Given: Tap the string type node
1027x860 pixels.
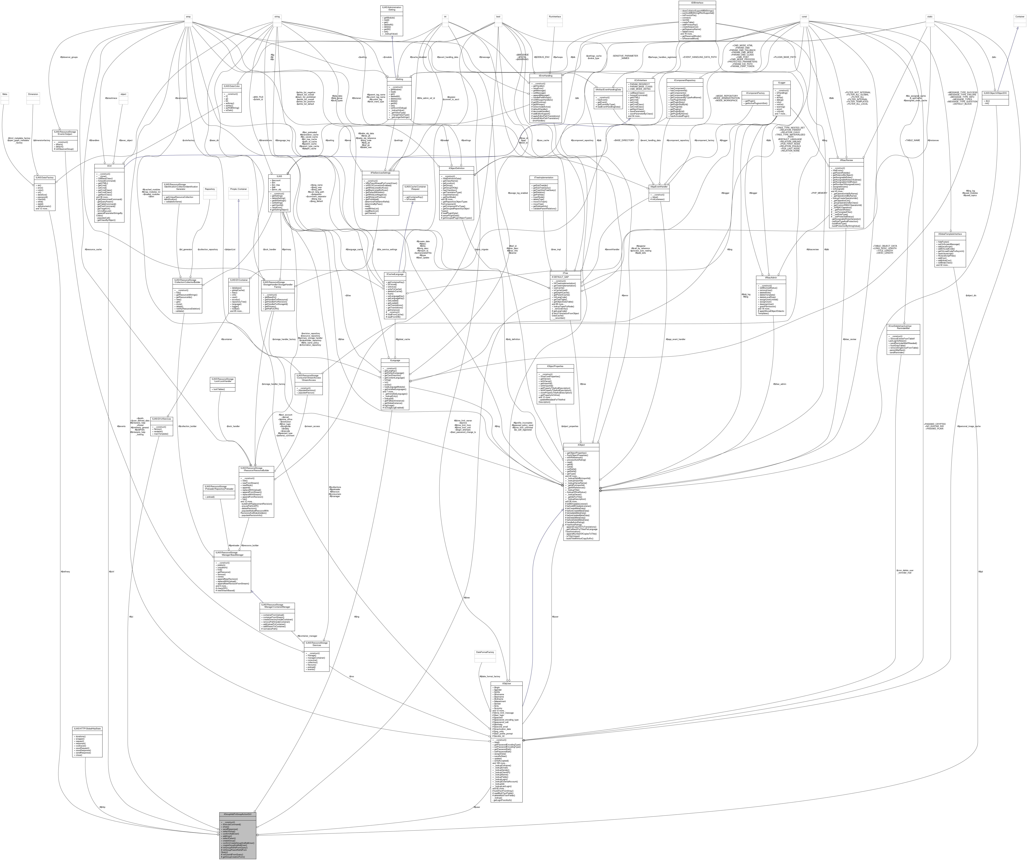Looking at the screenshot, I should [277, 17].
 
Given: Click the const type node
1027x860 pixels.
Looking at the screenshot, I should [804, 17].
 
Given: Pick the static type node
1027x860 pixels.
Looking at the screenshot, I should [930, 17].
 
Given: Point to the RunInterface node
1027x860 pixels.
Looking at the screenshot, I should [555, 17].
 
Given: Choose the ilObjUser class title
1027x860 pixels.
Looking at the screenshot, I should [509, 683].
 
